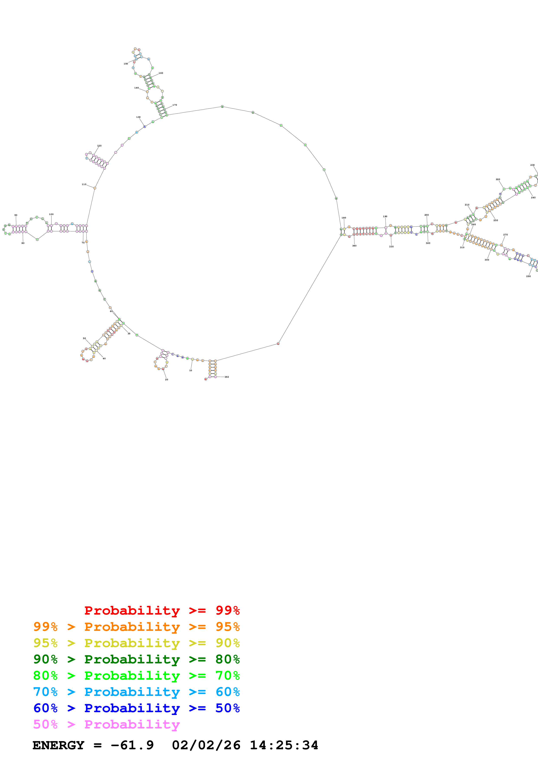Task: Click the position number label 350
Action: point(227,377)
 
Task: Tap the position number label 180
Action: point(344,218)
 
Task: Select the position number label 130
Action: point(138,117)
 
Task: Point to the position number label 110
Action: point(84,184)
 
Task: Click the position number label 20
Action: point(166,379)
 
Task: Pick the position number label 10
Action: point(191,370)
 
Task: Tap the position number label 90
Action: point(16,215)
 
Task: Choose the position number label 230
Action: point(532,165)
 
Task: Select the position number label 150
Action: point(126,64)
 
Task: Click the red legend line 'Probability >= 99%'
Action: point(162,610)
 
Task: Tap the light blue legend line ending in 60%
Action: point(136,692)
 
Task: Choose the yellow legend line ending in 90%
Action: point(136,643)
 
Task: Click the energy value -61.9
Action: point(132,745)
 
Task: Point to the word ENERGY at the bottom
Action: point(58,745)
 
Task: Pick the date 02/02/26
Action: point(206,745)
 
